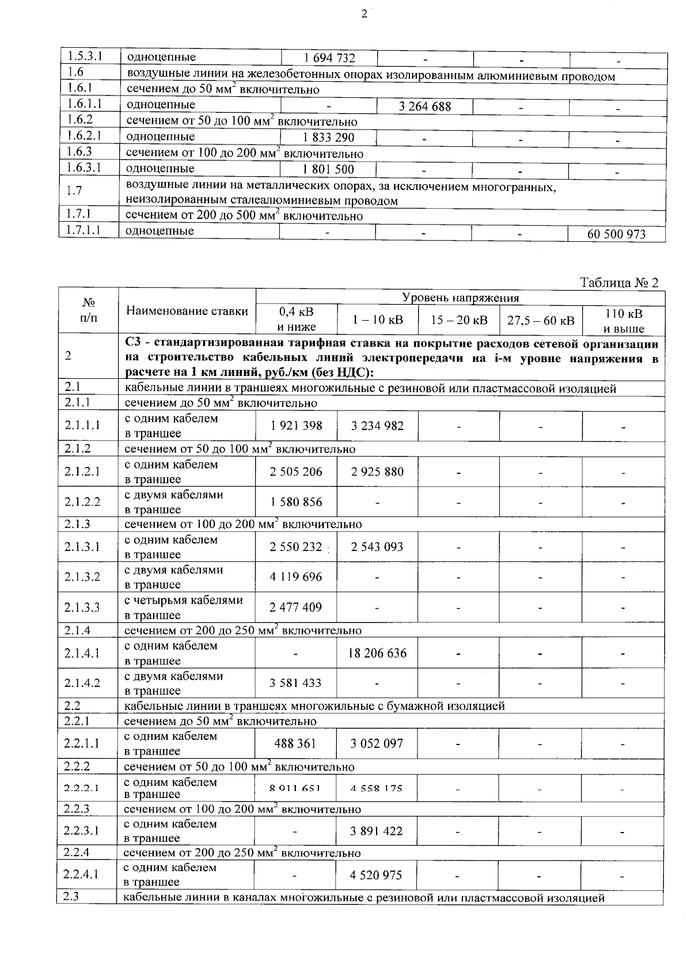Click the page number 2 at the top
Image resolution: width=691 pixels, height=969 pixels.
(x=364, y=14)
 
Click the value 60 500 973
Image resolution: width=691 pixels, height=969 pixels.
(x=616, y=234)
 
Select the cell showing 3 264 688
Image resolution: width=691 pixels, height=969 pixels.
(x=425, y=107)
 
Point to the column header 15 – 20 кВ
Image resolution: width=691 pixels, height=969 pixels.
(x=459, y=320)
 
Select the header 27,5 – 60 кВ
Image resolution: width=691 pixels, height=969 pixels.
(x=541, y=320)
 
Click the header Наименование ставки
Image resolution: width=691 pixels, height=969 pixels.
(x=187, y=311)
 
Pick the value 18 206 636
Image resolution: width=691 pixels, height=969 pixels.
(x=377, y=653)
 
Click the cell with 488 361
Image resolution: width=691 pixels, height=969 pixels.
(x=295, y=743)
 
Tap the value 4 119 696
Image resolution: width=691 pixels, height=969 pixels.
(x=295, y=577)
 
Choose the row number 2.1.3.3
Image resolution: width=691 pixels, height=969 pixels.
(x=82, y=607)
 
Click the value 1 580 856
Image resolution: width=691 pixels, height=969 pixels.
(x=295, y=501)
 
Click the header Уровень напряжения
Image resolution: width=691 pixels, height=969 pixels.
(x=460, y=298)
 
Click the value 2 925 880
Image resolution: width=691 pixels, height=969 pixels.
(x=377, y=472)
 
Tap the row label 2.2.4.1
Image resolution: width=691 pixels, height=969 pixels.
(x=81, y=875)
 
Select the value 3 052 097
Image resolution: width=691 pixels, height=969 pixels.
(x=377, y=743)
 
